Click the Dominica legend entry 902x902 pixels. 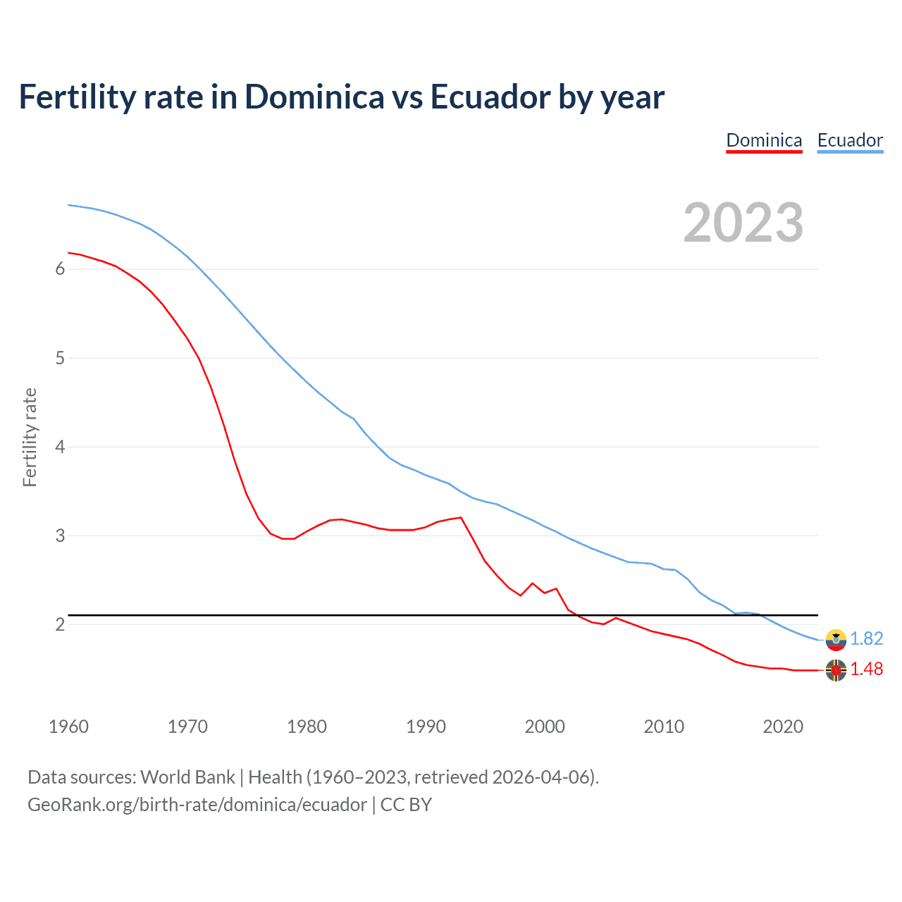(x=764, y=140)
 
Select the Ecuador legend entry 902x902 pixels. (x=850, y=140)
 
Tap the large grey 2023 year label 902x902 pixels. (x=743, y=223)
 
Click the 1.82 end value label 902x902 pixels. (x=866, y=638)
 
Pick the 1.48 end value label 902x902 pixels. (x=866, y=669)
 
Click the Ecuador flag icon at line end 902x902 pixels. (x=836, y=639)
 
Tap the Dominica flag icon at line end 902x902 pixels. (x=836, y=670)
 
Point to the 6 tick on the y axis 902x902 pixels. (x=60, y=268)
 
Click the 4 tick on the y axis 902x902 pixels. (x=60, y=447)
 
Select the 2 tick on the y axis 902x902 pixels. (x=60, y=624)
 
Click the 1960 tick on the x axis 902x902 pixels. (x=68, y=727)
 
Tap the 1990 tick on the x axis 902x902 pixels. (x=426, y=727)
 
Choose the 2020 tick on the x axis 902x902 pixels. (x=783, y=727)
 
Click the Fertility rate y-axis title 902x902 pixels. (x=30, y=437)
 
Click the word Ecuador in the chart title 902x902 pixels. (x=490, y=97)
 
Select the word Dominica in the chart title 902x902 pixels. (x=314, y=97)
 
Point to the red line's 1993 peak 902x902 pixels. (x=461, y=517)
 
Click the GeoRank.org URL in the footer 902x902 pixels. (x=197, y=805)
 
